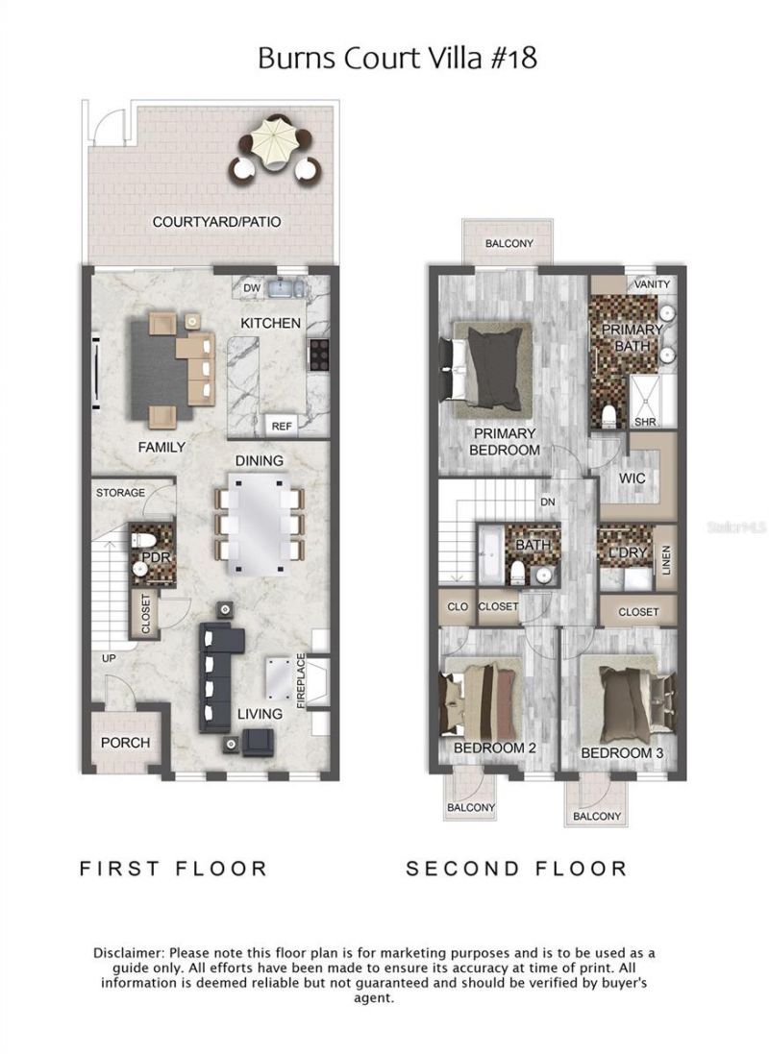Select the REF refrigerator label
tap(282, 426)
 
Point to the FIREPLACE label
tap(301, 681)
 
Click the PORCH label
tap(126, 743)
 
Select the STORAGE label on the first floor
tap(120, 493)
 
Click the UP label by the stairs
tap(111, 658)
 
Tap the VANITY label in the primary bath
tap(652, 284)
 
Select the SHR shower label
tap(643, 421)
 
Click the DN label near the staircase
tap(547, 502)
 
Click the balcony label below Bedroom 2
tap(470, 808)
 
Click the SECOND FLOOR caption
tap(516, 869)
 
